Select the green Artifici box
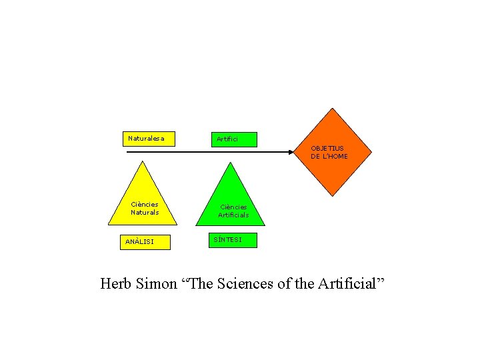click(233, 139)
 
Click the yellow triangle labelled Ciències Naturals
click(144, 200)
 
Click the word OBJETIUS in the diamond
click(327, 148)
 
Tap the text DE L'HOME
click(329, 157)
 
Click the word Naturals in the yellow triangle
click(145, 213)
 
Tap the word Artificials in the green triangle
click(233, 215)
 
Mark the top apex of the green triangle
click(232, 162)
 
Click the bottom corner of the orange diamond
click(333, 195)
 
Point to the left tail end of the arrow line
click(127, 153)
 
